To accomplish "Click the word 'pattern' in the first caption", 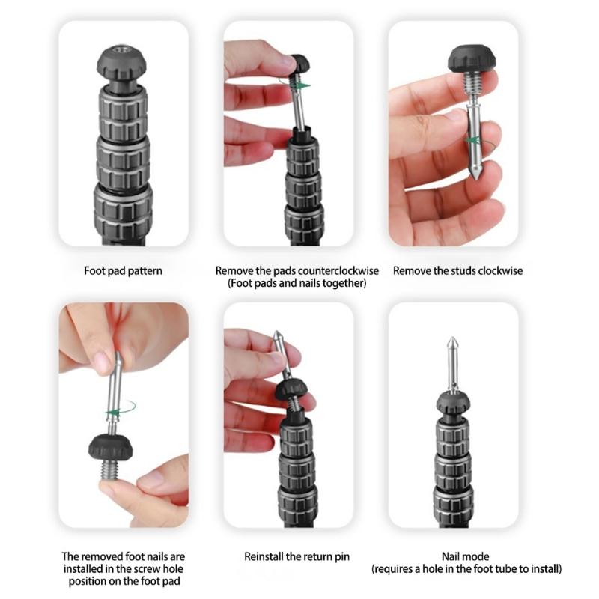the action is tap(145, 271).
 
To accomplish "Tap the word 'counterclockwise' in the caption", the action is tap(338, 271).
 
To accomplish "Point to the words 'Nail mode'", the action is tap(465, 556).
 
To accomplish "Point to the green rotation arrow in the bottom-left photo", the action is tap(120, 410).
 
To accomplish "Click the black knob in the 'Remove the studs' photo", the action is tap(472, 60).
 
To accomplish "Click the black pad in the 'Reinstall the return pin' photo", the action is tap(291, 390).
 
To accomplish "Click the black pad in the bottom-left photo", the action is tap(111, 446).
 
